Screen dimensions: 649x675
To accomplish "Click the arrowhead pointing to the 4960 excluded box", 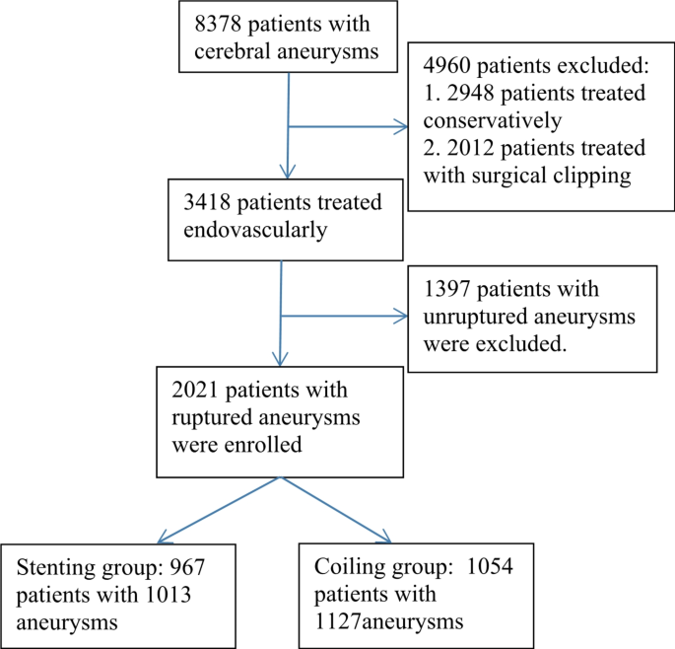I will coord(404,126).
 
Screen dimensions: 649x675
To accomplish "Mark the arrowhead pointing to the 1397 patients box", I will coord(403,317).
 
